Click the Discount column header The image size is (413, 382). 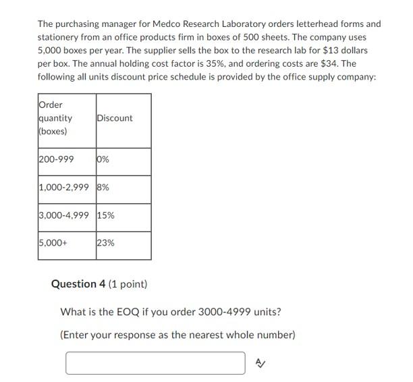[x=115, y=118]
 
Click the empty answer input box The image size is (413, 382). [x=155, y=363]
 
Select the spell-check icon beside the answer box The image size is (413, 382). [x=261, y=363]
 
